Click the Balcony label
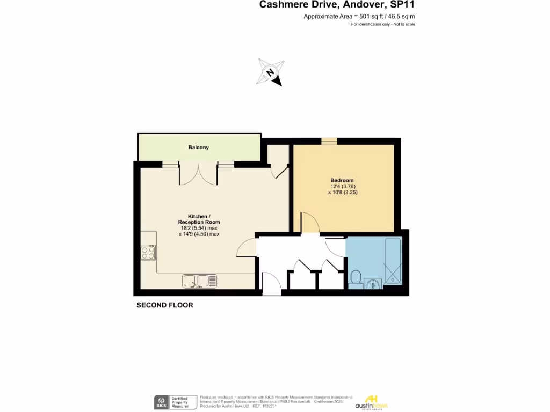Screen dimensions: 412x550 [198, 148]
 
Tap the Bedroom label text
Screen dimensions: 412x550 [342, 180]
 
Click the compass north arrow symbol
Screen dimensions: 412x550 [270, 72]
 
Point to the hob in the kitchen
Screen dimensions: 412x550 [149, 252]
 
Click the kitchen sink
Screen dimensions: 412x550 [199, 281]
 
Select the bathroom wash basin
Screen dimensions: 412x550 [372, 283]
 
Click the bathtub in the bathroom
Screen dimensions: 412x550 [393, 260]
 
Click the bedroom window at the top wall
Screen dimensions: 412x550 [329, 142]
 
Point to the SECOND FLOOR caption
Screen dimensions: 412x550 [165, 305]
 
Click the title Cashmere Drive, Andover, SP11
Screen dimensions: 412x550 [337, 5]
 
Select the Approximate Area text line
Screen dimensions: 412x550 [359, 17]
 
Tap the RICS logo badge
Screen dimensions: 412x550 [161, 402]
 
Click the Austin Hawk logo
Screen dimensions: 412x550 [376, 402]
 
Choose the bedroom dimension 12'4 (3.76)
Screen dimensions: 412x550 [342, 187]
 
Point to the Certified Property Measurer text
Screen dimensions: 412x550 [180, 402]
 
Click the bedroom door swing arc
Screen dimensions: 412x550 [310, 222]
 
